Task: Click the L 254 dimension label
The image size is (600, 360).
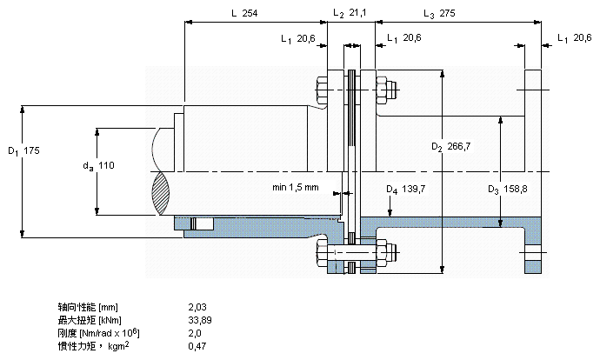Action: (x=244, y=13)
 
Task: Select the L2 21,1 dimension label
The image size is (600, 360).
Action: (x=350, y=13)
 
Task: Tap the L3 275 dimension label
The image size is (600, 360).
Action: (x=439, y=14)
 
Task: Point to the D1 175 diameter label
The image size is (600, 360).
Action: (x=23, y=150)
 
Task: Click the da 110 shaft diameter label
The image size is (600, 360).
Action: (x=99, y=166)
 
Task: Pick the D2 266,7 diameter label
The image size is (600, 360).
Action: (x=450, y=147)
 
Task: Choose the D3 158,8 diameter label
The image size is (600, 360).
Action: (x=508, y=189)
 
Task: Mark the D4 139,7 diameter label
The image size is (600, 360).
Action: (x=405, y=189)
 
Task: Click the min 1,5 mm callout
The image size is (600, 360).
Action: (x=296, y=188)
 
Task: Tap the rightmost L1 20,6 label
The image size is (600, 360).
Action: (x=575, y=38)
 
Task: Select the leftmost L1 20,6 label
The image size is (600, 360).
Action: (x=298, y=38)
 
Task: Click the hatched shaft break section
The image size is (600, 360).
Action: (x=161, y=193)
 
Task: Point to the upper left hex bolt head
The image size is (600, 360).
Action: (x=322, y=90)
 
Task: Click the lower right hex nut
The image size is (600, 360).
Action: (x=382, y=252)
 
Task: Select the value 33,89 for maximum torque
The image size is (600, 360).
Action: (x=200, y=320)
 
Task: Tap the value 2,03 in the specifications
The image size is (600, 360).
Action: (x=197, y=307)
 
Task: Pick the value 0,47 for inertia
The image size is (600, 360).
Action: (x=197, y=347)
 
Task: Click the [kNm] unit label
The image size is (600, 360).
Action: (x=110, y=321)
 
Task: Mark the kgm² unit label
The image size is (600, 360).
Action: (x=118, y=346)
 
